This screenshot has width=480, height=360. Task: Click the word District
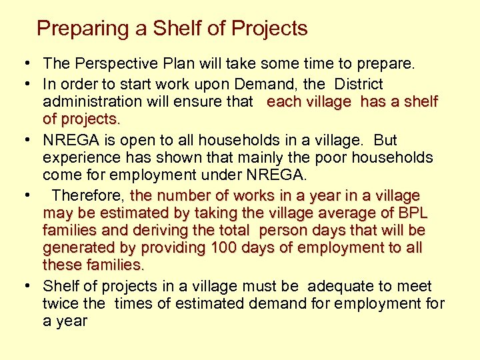click(x=359, y=84)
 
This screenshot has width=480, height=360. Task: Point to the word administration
click(x=88, y=101)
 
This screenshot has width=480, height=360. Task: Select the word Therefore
click(x=88, y=196)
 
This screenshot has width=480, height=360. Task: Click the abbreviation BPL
click(x=413, y=213)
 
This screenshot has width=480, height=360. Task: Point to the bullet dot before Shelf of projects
click(x=29, y=287)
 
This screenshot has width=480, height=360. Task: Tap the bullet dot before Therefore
click(x=29, y=196)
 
